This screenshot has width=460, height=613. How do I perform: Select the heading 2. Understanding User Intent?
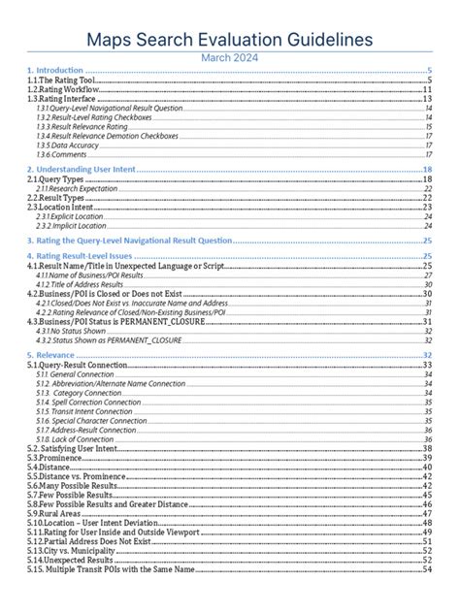click(x=82, y=170)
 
